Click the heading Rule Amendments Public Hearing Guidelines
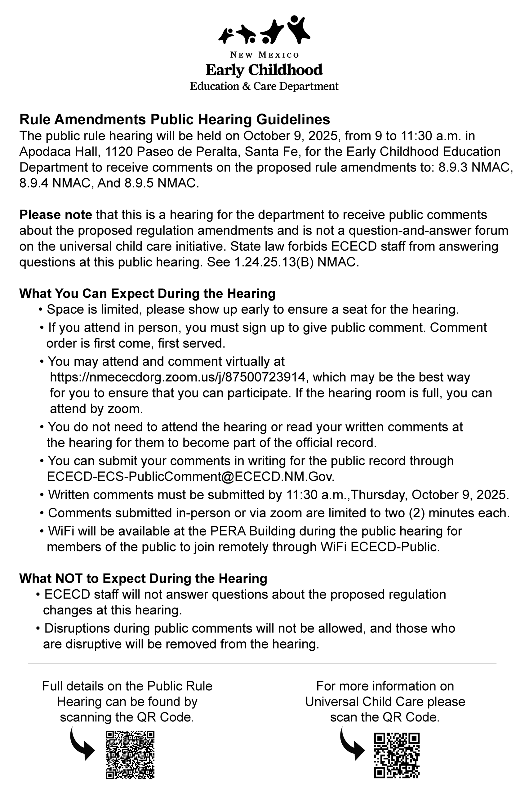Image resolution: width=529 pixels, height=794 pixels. (x=175, y=119)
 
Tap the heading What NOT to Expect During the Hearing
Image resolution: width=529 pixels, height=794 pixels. (x=143, y=578)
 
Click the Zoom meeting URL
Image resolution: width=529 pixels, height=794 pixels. (x=177, y=377)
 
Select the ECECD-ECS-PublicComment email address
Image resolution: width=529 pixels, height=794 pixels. (x=190, y=476)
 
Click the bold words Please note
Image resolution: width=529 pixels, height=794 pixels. (x=56, y=215)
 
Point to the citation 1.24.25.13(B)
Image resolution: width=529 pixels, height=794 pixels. (x=274, y=262)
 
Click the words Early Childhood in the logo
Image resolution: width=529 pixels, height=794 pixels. (x=264, y=70)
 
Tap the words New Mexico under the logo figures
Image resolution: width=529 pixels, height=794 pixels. (x=264, y=55)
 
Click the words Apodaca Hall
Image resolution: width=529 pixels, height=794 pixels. (x=59, y=151)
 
